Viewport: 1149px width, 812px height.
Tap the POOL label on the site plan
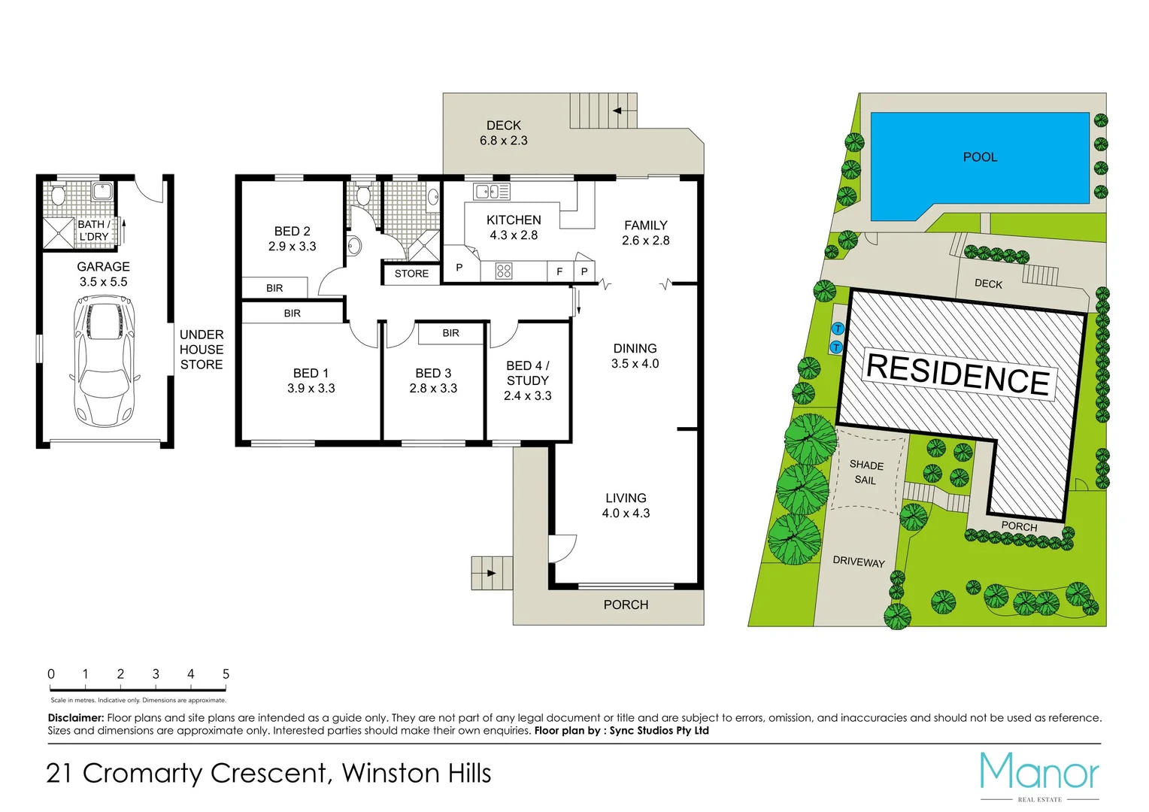pyautogui.click(x=980, y=157)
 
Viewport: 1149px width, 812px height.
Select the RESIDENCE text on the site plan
pyautogui.click(x=958, y=374)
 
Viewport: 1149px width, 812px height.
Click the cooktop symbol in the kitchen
pyautogui.click(x=504, y=271)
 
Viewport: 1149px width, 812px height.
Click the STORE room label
pyautogui.click(x=411, y=274)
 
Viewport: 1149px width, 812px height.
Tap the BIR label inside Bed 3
pyautogui.click(x=450, y=333)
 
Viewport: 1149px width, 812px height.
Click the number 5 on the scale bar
pyautogui.click(x=226, y=674)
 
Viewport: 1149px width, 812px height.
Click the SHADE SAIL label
pyautogui.click(x=866, y=472)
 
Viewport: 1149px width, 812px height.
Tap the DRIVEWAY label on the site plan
pyautogui.click(x=858, y=562)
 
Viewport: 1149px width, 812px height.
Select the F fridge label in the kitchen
pyautogui.click(x=559, y=271)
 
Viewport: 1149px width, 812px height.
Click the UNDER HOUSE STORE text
pyautogui.click(x=201, y=350)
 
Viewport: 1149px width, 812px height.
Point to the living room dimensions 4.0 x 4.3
pyautogui.click(x=626, y=514)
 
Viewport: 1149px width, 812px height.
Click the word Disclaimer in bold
pyautogui.click(x=75, y=718)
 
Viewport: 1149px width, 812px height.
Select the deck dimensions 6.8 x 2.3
pyautogui.click(x=503, y=141)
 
